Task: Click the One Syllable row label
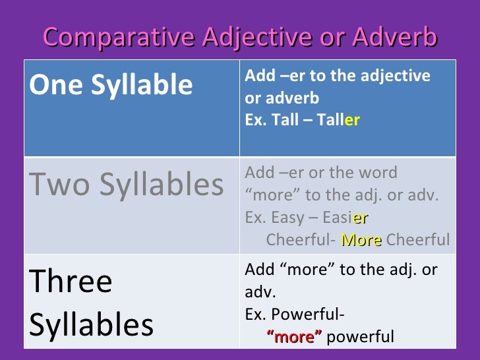(x=111, y=85)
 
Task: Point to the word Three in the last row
(x=71, y=282)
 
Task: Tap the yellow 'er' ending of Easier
(x=361, y=218)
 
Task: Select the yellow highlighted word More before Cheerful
(x=361, y=240)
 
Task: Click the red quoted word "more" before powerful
(x=294, y=337)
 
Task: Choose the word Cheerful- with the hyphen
(x=302, y=240)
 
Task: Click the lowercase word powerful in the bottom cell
(x=360, y=337)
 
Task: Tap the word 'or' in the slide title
(x=320, y=38)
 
